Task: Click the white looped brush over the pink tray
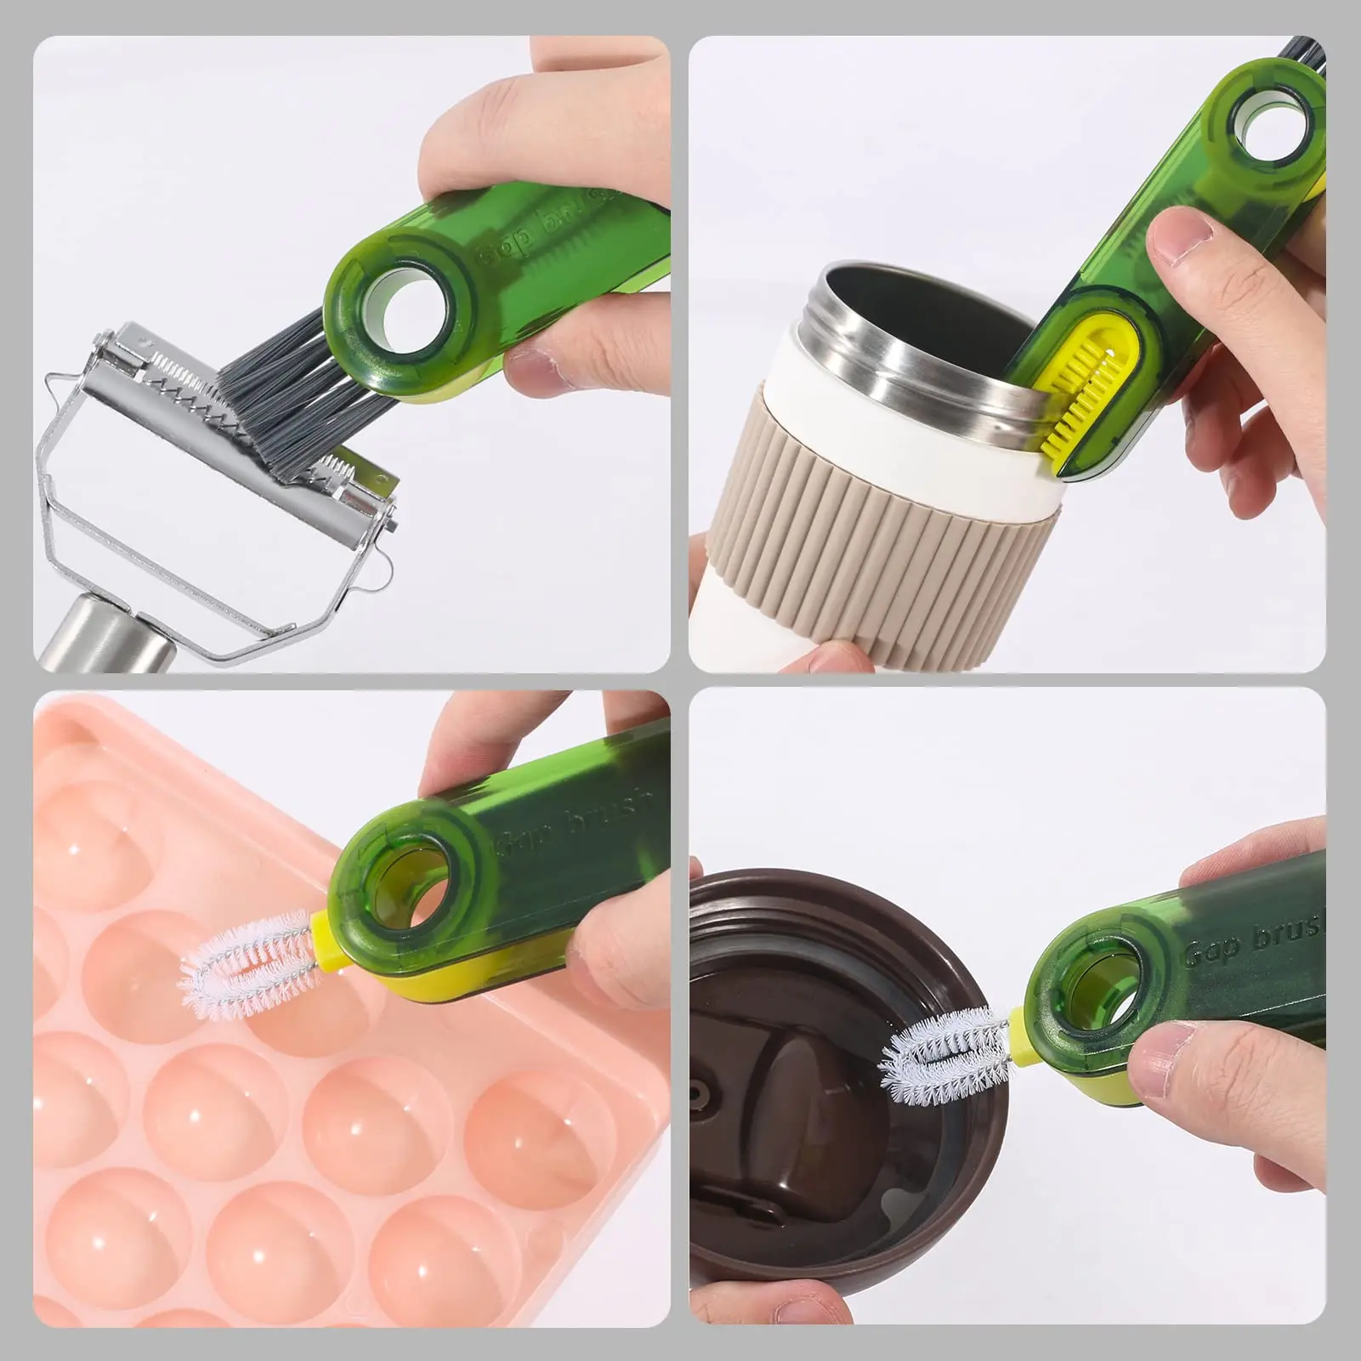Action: tap(242, 965)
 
